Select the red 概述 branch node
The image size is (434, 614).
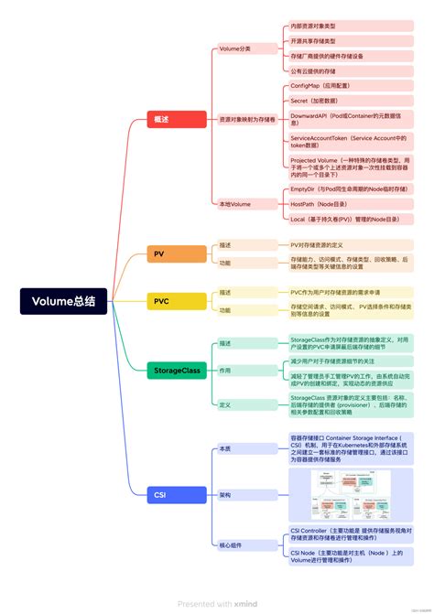pos(177,121)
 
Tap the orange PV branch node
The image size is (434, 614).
pos(177,253)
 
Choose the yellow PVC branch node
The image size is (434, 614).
pos(177,301)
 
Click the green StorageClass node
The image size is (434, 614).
pos(177,371)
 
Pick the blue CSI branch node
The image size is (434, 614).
pos(177,494)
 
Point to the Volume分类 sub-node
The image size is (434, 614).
pos(234,48)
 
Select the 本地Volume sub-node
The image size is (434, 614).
pos(234,204)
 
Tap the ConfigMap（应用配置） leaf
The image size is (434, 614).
pos(320,85)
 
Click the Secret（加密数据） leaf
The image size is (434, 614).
pos(315,101)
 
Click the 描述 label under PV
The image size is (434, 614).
pos(225,245)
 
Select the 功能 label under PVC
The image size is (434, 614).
pos(225,310)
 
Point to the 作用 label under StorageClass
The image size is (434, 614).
pos(225,371)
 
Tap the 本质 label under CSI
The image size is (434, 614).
pos(225,448)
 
